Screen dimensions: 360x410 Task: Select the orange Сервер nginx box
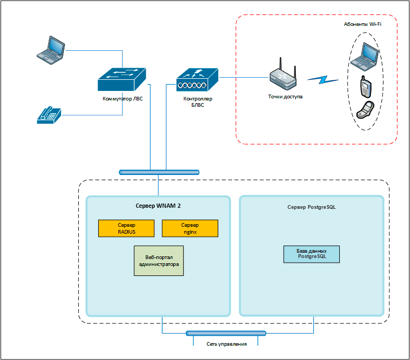click(190, 228)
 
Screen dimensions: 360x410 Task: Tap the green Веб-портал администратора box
click(159, 261)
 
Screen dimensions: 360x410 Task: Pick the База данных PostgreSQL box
click(312, 254)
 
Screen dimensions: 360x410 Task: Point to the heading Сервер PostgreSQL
click(311, 207)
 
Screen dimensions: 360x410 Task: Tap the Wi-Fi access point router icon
click(283, 74)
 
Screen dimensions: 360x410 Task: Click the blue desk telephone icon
click(49, 115)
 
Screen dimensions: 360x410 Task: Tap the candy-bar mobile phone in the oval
click(365, 86)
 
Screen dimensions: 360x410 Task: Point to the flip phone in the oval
click(365, 110)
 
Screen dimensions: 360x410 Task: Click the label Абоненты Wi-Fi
click(362, 24)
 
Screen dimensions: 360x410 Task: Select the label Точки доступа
click(285, 97)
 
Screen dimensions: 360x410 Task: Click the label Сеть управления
click(226, 344)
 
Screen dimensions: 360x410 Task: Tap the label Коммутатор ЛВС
click(122, 98)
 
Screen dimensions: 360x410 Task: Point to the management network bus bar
click(226, 333)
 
